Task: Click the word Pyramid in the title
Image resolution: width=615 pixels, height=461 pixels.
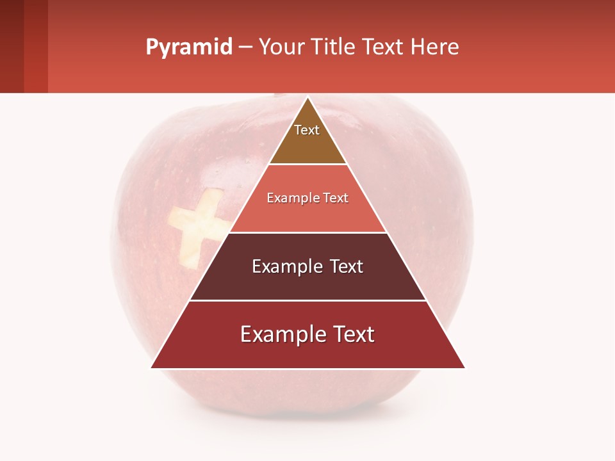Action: click(188, 47)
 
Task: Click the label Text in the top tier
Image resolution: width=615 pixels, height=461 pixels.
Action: click(307, 130)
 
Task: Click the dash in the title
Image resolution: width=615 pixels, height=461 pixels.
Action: click(245, 48)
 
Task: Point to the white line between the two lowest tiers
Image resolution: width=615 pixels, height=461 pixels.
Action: click(307, 300)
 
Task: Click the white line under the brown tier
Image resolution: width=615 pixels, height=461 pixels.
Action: click(307, 165)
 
